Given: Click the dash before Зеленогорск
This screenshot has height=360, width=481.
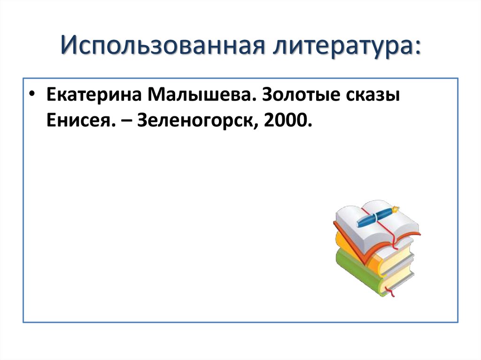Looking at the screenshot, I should click(127, 123).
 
